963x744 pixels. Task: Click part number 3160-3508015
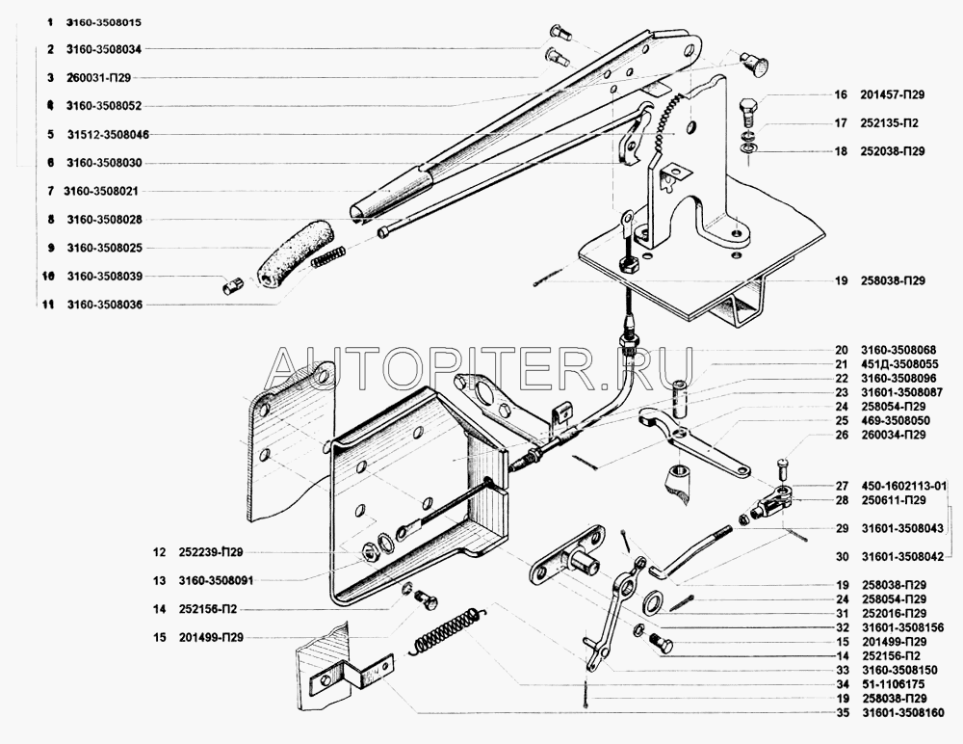pos(103,22)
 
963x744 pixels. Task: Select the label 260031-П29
pos(98,77)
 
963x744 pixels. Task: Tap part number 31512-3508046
pos(108,134)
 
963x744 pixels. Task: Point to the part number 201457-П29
pos(893,94)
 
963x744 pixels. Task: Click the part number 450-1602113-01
pos(904,485)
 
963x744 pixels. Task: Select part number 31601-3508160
pos(903,712)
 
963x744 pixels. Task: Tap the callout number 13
pos(160,580)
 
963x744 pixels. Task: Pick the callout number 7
pos(51,191)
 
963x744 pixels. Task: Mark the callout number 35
pos(842,712)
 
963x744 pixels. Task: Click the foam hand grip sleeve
pos(295,253)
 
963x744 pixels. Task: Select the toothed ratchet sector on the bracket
pos(669,128)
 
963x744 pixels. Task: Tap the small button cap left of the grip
pos(233,285)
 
